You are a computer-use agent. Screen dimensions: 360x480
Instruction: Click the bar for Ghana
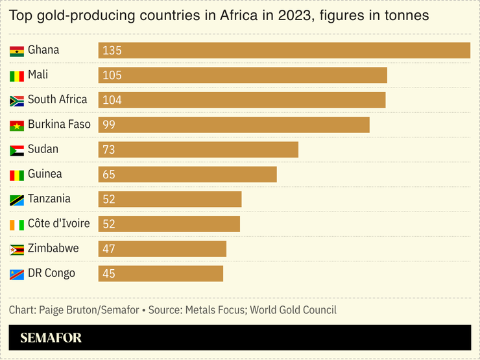284,51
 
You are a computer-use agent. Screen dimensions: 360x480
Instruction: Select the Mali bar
243,75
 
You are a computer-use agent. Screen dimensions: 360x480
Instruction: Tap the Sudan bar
198,150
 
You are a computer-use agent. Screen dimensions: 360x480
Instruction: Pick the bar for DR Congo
160,274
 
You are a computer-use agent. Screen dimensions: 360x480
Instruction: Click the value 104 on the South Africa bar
112,101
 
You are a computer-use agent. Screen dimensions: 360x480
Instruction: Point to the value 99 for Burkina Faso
109,125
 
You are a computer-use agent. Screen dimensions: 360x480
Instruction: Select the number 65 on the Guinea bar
109,174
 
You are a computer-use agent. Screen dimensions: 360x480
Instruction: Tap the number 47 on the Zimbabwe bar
109,249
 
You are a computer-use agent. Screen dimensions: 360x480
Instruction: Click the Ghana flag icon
17,51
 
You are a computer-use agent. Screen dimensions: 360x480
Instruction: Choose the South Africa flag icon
17,101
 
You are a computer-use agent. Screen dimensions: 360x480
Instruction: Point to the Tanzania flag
17,200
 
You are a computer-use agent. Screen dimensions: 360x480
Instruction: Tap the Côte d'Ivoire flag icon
17,224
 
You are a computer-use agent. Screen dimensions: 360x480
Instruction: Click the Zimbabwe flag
17,249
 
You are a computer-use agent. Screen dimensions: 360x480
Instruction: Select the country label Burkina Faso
59,124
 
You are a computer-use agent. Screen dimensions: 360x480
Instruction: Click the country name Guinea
45,174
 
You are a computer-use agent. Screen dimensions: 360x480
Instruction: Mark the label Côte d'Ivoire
58,223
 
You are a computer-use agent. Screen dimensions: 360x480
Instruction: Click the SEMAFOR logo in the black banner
51,338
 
